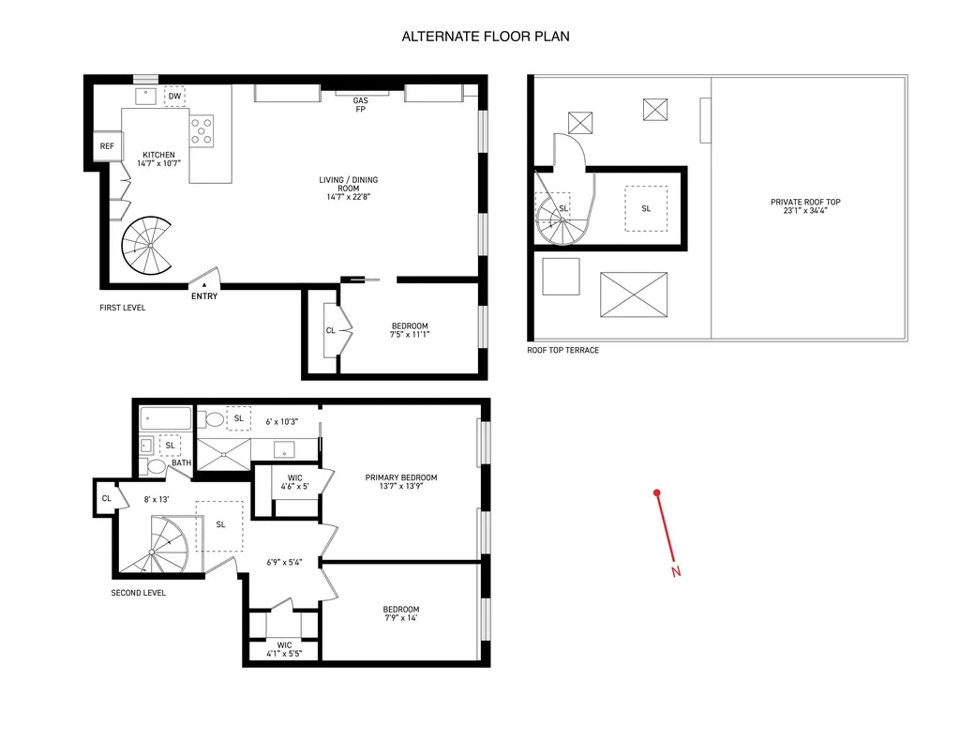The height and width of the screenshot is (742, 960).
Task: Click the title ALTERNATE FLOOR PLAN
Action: coord(485,37)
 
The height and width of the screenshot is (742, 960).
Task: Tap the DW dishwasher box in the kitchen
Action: coord(175,97)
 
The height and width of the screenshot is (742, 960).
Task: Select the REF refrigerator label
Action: coord(107,146)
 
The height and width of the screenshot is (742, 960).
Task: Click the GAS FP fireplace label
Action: coord(360,105)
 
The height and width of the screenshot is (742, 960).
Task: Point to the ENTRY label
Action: coord(204,296)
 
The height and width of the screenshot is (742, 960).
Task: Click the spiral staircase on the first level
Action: coord(148,246)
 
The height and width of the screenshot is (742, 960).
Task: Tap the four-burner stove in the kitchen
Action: coord(202,129)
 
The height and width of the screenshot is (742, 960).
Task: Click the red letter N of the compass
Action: coord(676,571)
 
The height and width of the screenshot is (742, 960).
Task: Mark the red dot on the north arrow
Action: coord(658,492)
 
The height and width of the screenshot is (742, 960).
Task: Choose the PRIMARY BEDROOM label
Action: coord(401,477)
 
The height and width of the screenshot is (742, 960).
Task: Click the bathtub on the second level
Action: coord(166,418)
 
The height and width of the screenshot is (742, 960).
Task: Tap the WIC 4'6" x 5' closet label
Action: coord(294,482)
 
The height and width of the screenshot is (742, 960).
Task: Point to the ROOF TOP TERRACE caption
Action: coord(562,351)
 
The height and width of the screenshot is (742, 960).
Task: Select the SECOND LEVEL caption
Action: coord(139,593)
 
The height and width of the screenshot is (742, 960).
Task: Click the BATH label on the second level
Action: coord(181,462)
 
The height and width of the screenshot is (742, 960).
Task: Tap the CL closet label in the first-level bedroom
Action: coord(331,330)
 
